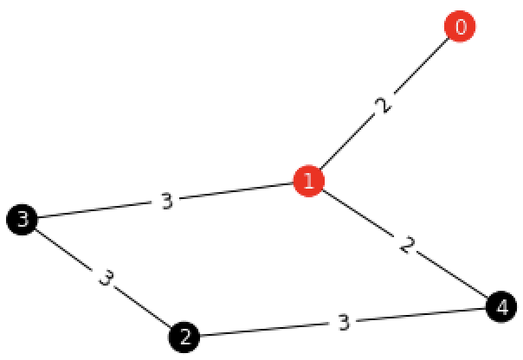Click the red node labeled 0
[x=460, y=27]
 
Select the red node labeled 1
[x=308, y=182]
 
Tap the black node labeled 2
[x=184, y=337]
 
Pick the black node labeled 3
[x=22, y=220]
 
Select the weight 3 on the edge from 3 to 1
[x=166, y=201]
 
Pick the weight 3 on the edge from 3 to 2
[x=105, y=279]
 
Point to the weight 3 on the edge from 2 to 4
[x=343, y=322]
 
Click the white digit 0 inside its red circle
[x=460, y=27]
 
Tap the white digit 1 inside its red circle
[x=308, y=182]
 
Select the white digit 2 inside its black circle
[x=184, y=337]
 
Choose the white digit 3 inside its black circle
[x=22, y=220]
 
